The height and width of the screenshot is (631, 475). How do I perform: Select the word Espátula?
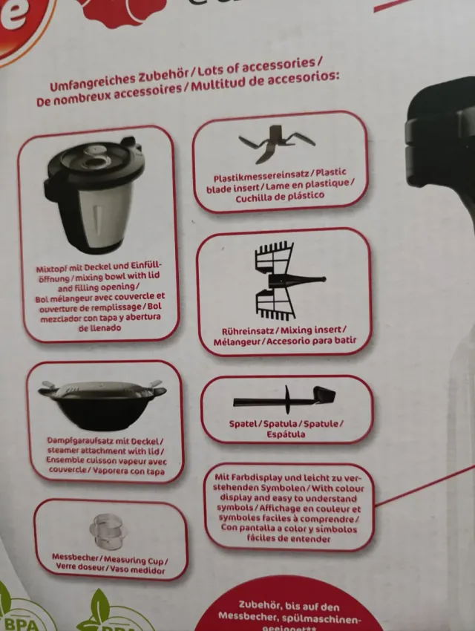click(x=286, y=434)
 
